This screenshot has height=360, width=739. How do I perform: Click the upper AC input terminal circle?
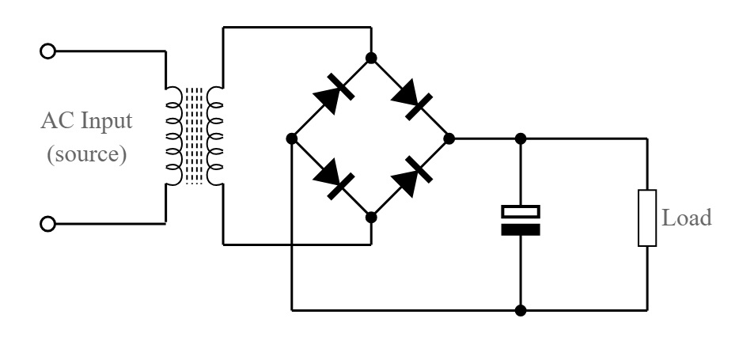click(47, 51)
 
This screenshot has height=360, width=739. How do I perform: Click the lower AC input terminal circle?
click(47, 224)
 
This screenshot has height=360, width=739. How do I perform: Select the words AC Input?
click(87, 122)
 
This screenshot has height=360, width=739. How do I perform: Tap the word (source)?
click(87, 154)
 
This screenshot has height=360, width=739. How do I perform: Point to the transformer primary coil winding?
click(174, 136)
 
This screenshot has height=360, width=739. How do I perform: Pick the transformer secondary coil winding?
click(215, 136)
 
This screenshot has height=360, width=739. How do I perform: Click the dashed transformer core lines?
click(194, 136)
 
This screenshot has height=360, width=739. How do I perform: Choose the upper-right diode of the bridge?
click(411, 99)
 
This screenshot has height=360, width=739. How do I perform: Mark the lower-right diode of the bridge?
click(411, 176)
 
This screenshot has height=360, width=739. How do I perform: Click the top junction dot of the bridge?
click(371, 58)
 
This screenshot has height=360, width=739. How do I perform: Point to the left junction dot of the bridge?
click(292, 138)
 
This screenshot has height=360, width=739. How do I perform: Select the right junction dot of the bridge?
click(449, 138)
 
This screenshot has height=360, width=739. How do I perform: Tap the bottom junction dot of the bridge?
click(371, 218)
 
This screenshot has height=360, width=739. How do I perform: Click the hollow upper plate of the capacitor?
click(521, 211)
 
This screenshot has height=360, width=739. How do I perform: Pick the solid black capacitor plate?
click(521, 229)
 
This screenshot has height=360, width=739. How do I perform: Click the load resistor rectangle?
click(647, 218)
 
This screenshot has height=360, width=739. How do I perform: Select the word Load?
click(687, 218)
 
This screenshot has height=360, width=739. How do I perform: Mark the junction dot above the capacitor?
click(521, 138)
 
